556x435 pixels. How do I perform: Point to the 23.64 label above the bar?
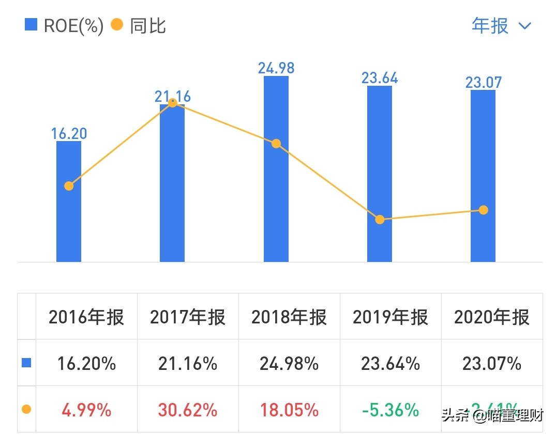[380, 78]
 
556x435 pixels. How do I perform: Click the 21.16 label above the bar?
[173, 96]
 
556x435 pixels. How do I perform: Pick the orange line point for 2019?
[380, 220]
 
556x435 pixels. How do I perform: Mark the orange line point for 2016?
[69, 186]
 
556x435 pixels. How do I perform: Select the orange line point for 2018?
[276, 144]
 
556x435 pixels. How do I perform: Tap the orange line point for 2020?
[483, 210]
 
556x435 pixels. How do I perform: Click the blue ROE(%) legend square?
[31, 25]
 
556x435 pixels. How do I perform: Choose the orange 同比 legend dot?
[117, 25]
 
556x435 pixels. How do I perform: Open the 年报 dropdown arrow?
[524, 26]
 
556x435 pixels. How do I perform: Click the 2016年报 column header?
[86, 317]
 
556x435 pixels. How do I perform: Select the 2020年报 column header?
[492, 317]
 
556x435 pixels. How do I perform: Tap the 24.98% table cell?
[289, 364]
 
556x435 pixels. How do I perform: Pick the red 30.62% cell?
[188, 410]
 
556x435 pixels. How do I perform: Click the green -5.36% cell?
[390, 410]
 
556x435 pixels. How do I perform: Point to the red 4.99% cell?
[86, 410]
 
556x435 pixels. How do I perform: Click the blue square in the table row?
[26, 363]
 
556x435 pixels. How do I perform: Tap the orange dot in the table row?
[26, 410]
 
